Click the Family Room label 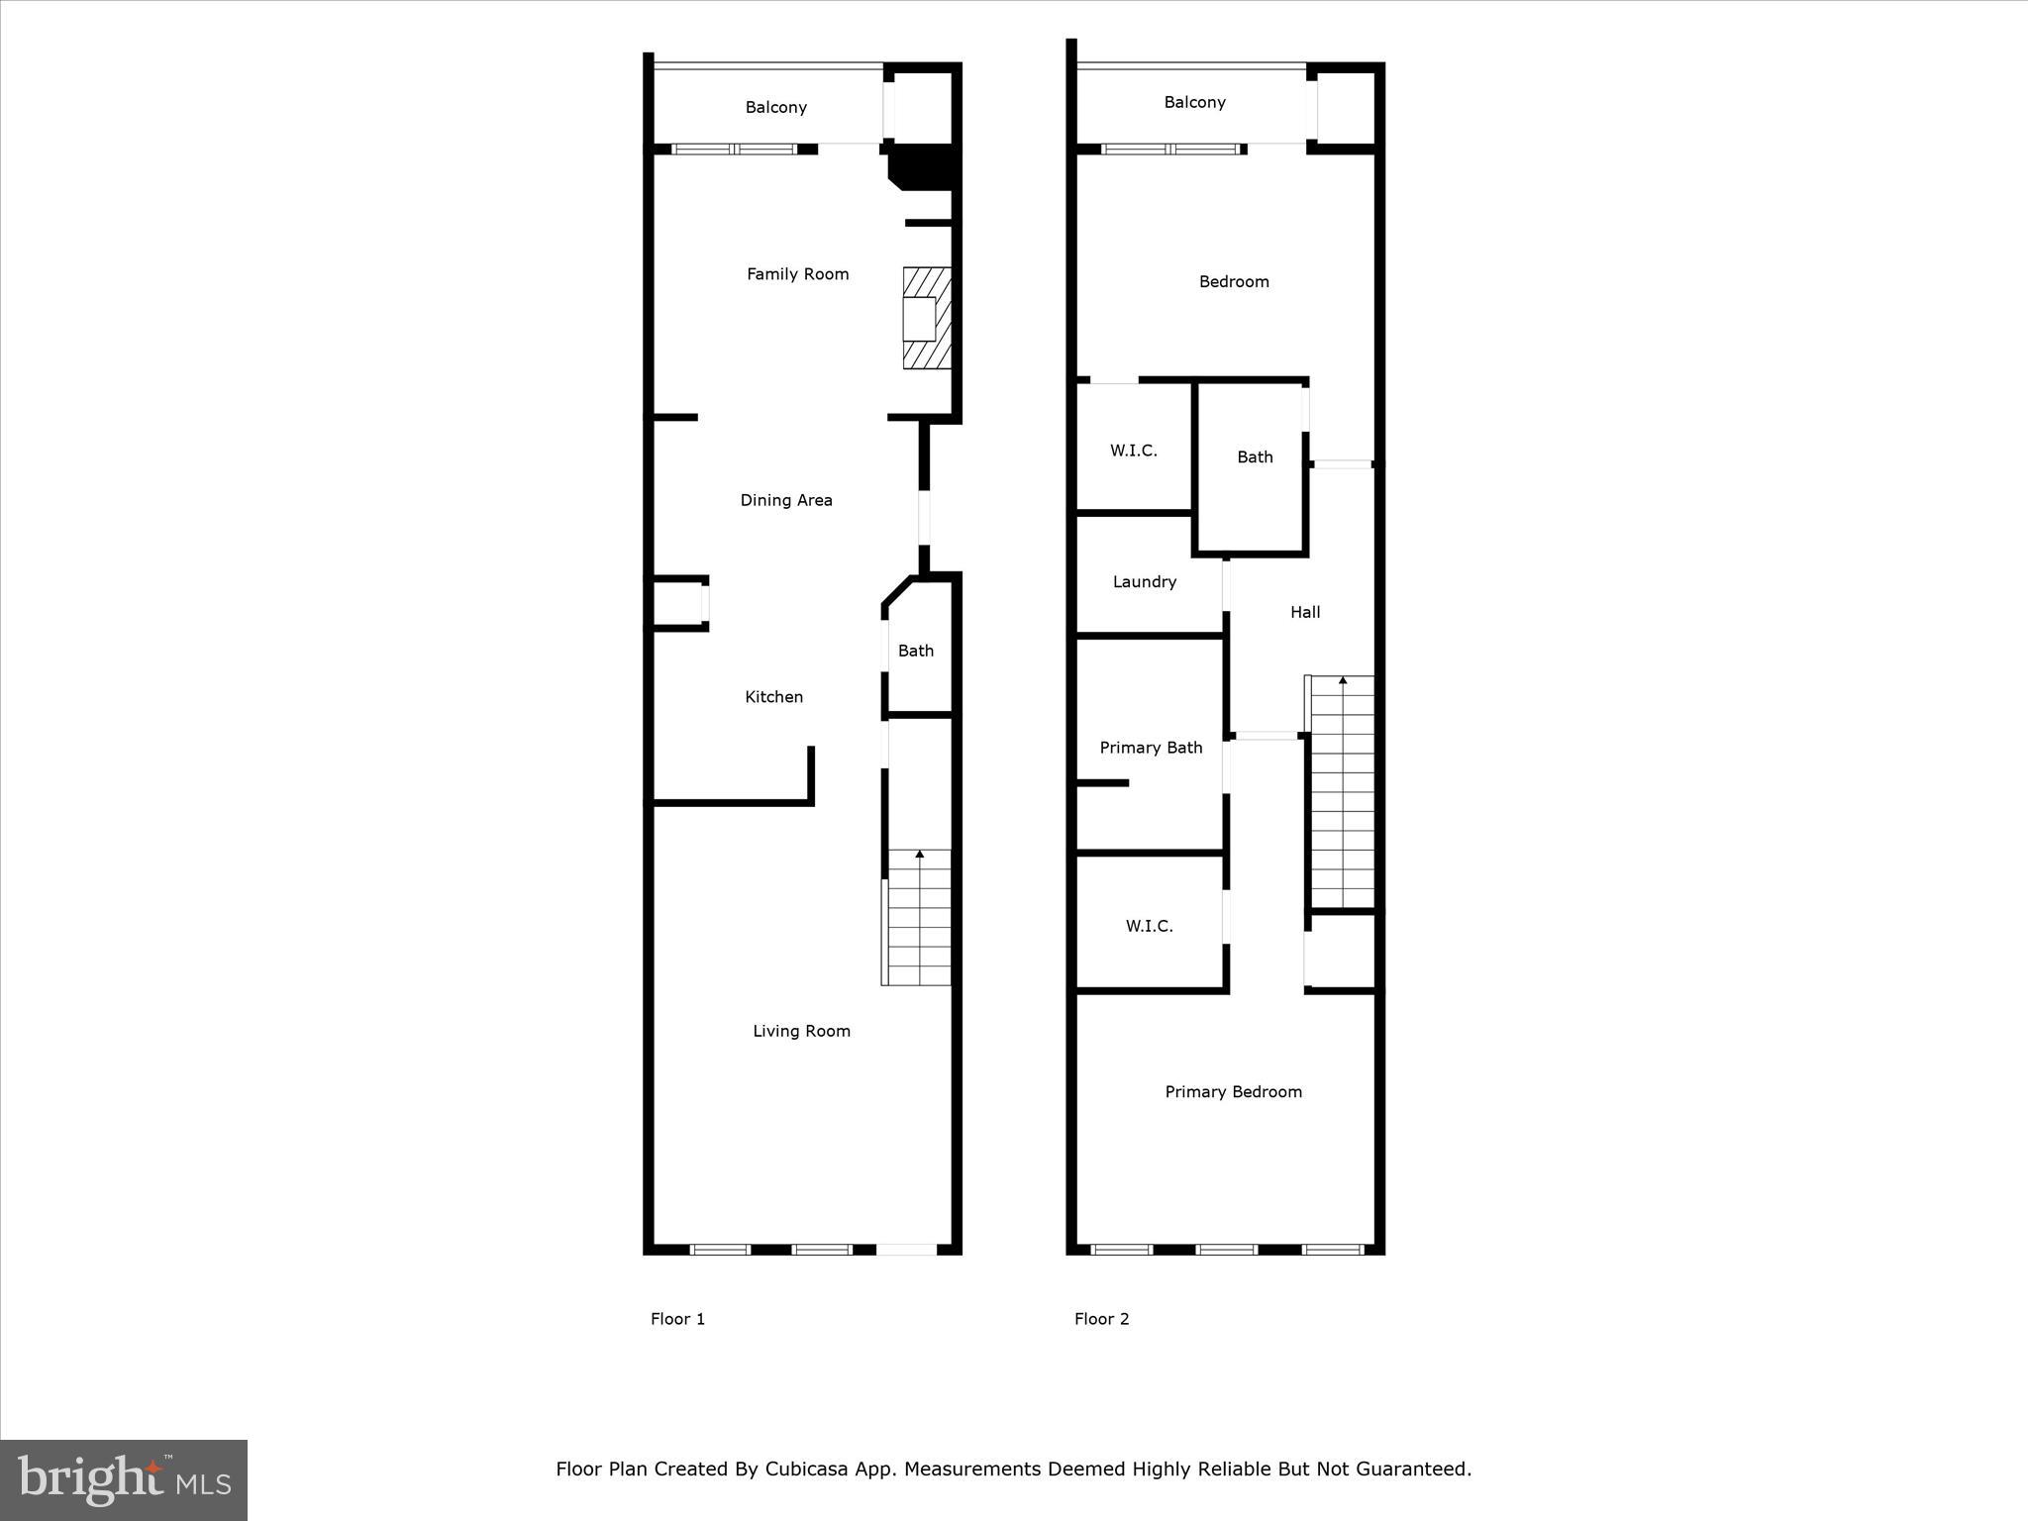point(797,274)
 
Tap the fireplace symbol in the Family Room point(927,319)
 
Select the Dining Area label point(786,500)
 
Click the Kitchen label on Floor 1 point(773,697)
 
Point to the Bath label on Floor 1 point(915,651)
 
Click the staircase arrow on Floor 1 point(920,854)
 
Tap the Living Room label point(801,1031)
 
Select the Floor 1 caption point(677,1319)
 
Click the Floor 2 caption point(1101,1319)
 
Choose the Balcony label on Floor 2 point(1194,102)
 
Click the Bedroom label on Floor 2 point(1234,281)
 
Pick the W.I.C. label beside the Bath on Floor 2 point(1133,451)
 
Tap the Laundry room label point(1144,581)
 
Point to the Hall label point(1305,612)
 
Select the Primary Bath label point(1151,748)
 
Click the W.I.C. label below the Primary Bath point(1149,926)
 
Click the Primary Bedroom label point(1233,1091)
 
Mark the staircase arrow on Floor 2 point(1343,680)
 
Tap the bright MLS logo point(124,1479)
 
